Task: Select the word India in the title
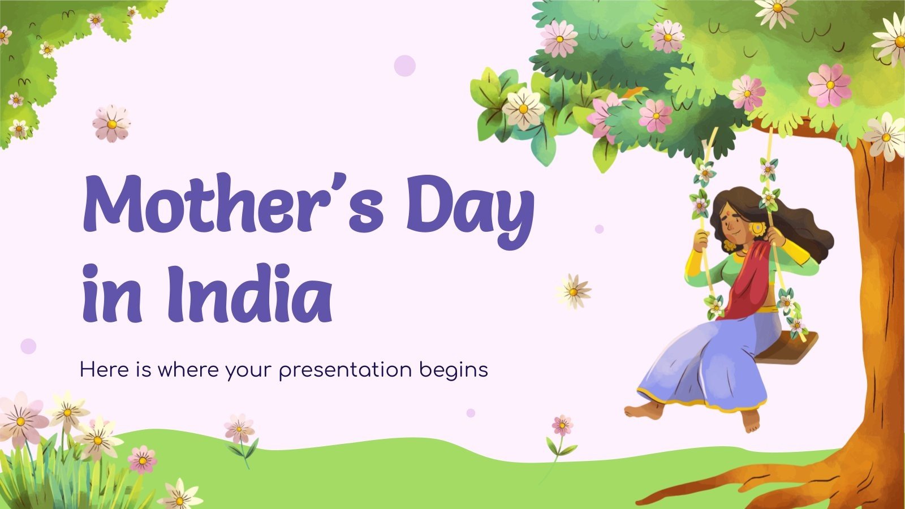tap(248, 293)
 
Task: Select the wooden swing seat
tap(786, 347)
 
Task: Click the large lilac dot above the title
tap(405, 66)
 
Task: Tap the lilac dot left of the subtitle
tap(28, 346)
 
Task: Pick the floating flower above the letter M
tap(111, 124)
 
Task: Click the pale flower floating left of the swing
tap(574, 291)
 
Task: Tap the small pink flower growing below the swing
tap(562, 425)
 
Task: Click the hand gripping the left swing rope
tap(701, 240)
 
